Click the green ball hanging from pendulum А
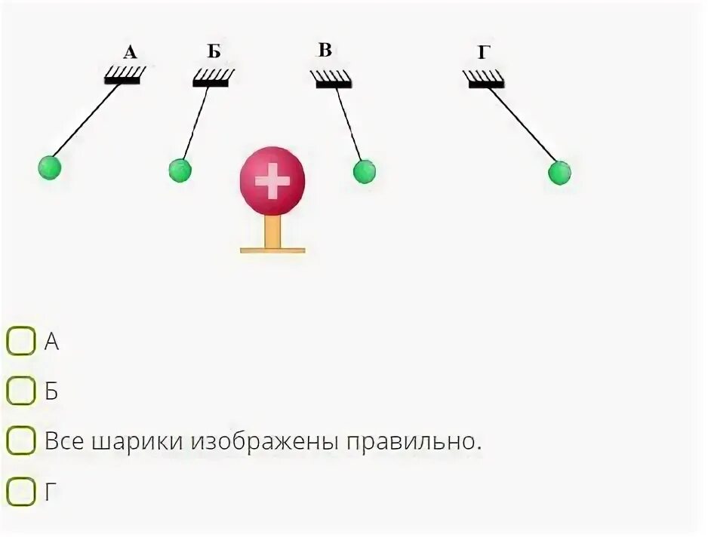[49, 167]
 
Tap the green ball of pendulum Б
[180, 170]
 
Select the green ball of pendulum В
[364, 171]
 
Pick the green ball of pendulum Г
[559, 173]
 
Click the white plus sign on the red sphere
[272, 182]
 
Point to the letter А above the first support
[131, 52]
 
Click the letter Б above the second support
[214, 52]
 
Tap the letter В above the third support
[325, 51]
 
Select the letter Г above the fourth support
[484, 52]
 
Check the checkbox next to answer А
[20, 342]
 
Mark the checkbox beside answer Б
[20, 391]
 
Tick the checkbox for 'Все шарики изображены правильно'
[20, 440]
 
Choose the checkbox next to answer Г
[20, 492]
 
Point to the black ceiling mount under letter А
[123, 79]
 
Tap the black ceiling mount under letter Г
[485, 83]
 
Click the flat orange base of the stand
[272, 249]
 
